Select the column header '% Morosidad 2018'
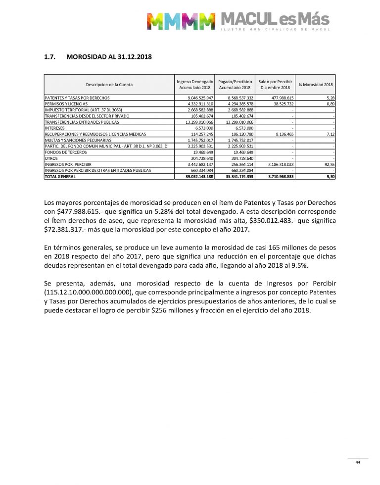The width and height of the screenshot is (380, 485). [x=315, y=84]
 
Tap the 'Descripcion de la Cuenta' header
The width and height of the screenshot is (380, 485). [x=109, y=85]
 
